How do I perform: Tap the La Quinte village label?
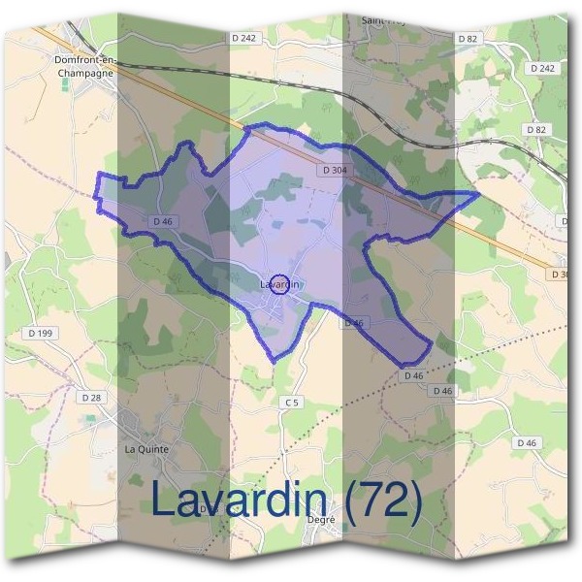(146, 449)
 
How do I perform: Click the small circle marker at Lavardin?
(279, 284)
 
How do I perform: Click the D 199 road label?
(35, 333)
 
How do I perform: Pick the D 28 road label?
(91, 398)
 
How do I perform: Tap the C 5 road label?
(292, 402)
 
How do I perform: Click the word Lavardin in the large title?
(238, 501)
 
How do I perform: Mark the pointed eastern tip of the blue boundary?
(478, 194)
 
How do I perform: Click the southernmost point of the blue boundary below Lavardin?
(274, 361)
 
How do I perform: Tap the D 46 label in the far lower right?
(527, 442)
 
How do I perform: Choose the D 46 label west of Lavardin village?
(162, 221)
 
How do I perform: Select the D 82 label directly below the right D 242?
(534, 129)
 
